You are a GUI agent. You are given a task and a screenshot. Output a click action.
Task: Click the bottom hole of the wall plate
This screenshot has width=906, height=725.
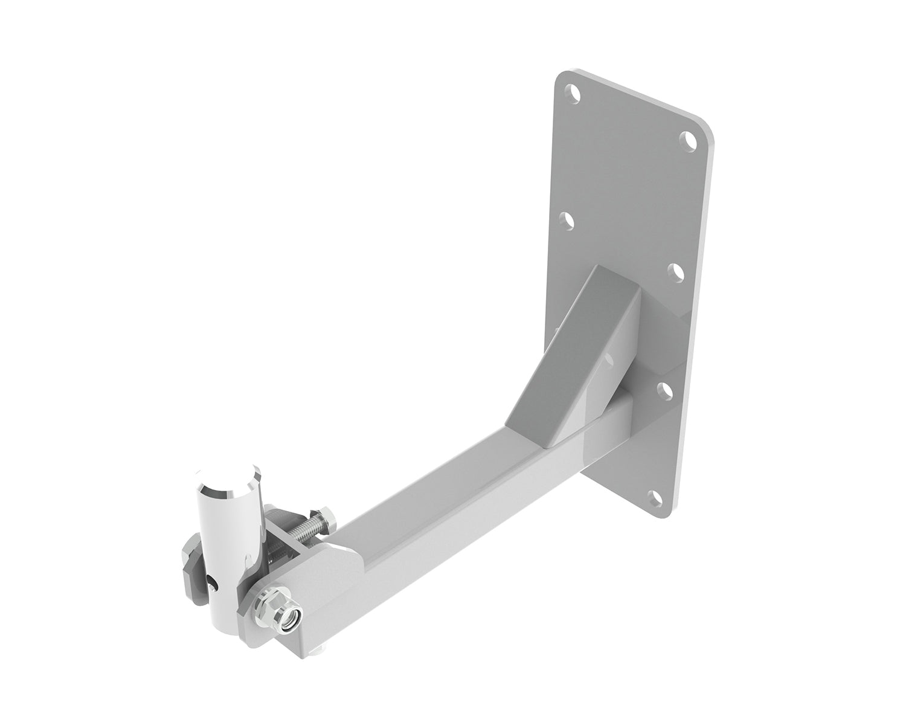(654, 498)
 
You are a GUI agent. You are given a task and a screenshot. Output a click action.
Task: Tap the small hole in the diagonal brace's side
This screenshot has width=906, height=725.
(609, 361)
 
